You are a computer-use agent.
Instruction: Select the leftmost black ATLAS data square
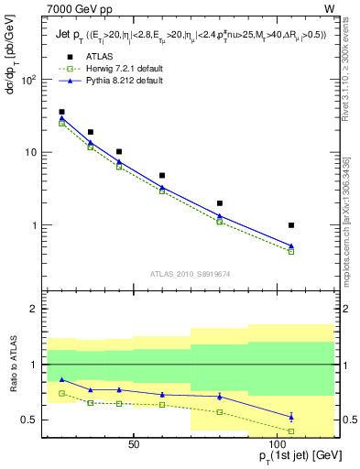click(x=62, y=112)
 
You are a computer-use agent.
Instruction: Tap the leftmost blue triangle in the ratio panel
click(x=62, y=379)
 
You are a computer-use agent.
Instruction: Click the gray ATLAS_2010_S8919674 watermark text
click(x=190, y=273)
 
